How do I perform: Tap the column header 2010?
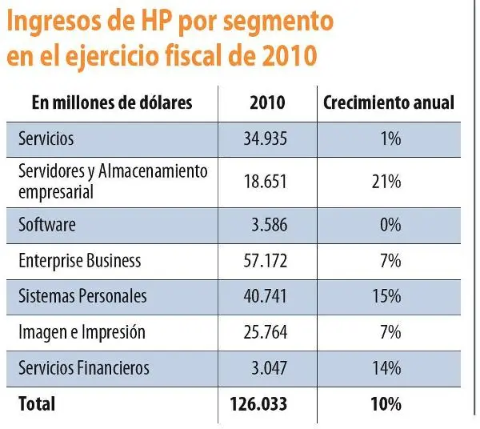click(267, 103)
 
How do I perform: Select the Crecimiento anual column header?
click(389, 103)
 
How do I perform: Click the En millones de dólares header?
click(102, 103)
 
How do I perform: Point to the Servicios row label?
click(46, 138)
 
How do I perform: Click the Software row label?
click(47, 225)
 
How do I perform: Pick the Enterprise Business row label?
click(80, 260)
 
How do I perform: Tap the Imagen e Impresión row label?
click(82, 331)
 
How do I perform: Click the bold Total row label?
click(38, 404)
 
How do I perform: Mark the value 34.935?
click(265, 138)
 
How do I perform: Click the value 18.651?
click(265, 182)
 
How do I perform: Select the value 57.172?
click(265, 260)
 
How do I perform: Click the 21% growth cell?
click(386, 182)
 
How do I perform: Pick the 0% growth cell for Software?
click(390, 225)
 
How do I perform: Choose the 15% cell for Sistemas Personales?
click(386, 295)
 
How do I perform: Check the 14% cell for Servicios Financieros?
click(386, 367)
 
